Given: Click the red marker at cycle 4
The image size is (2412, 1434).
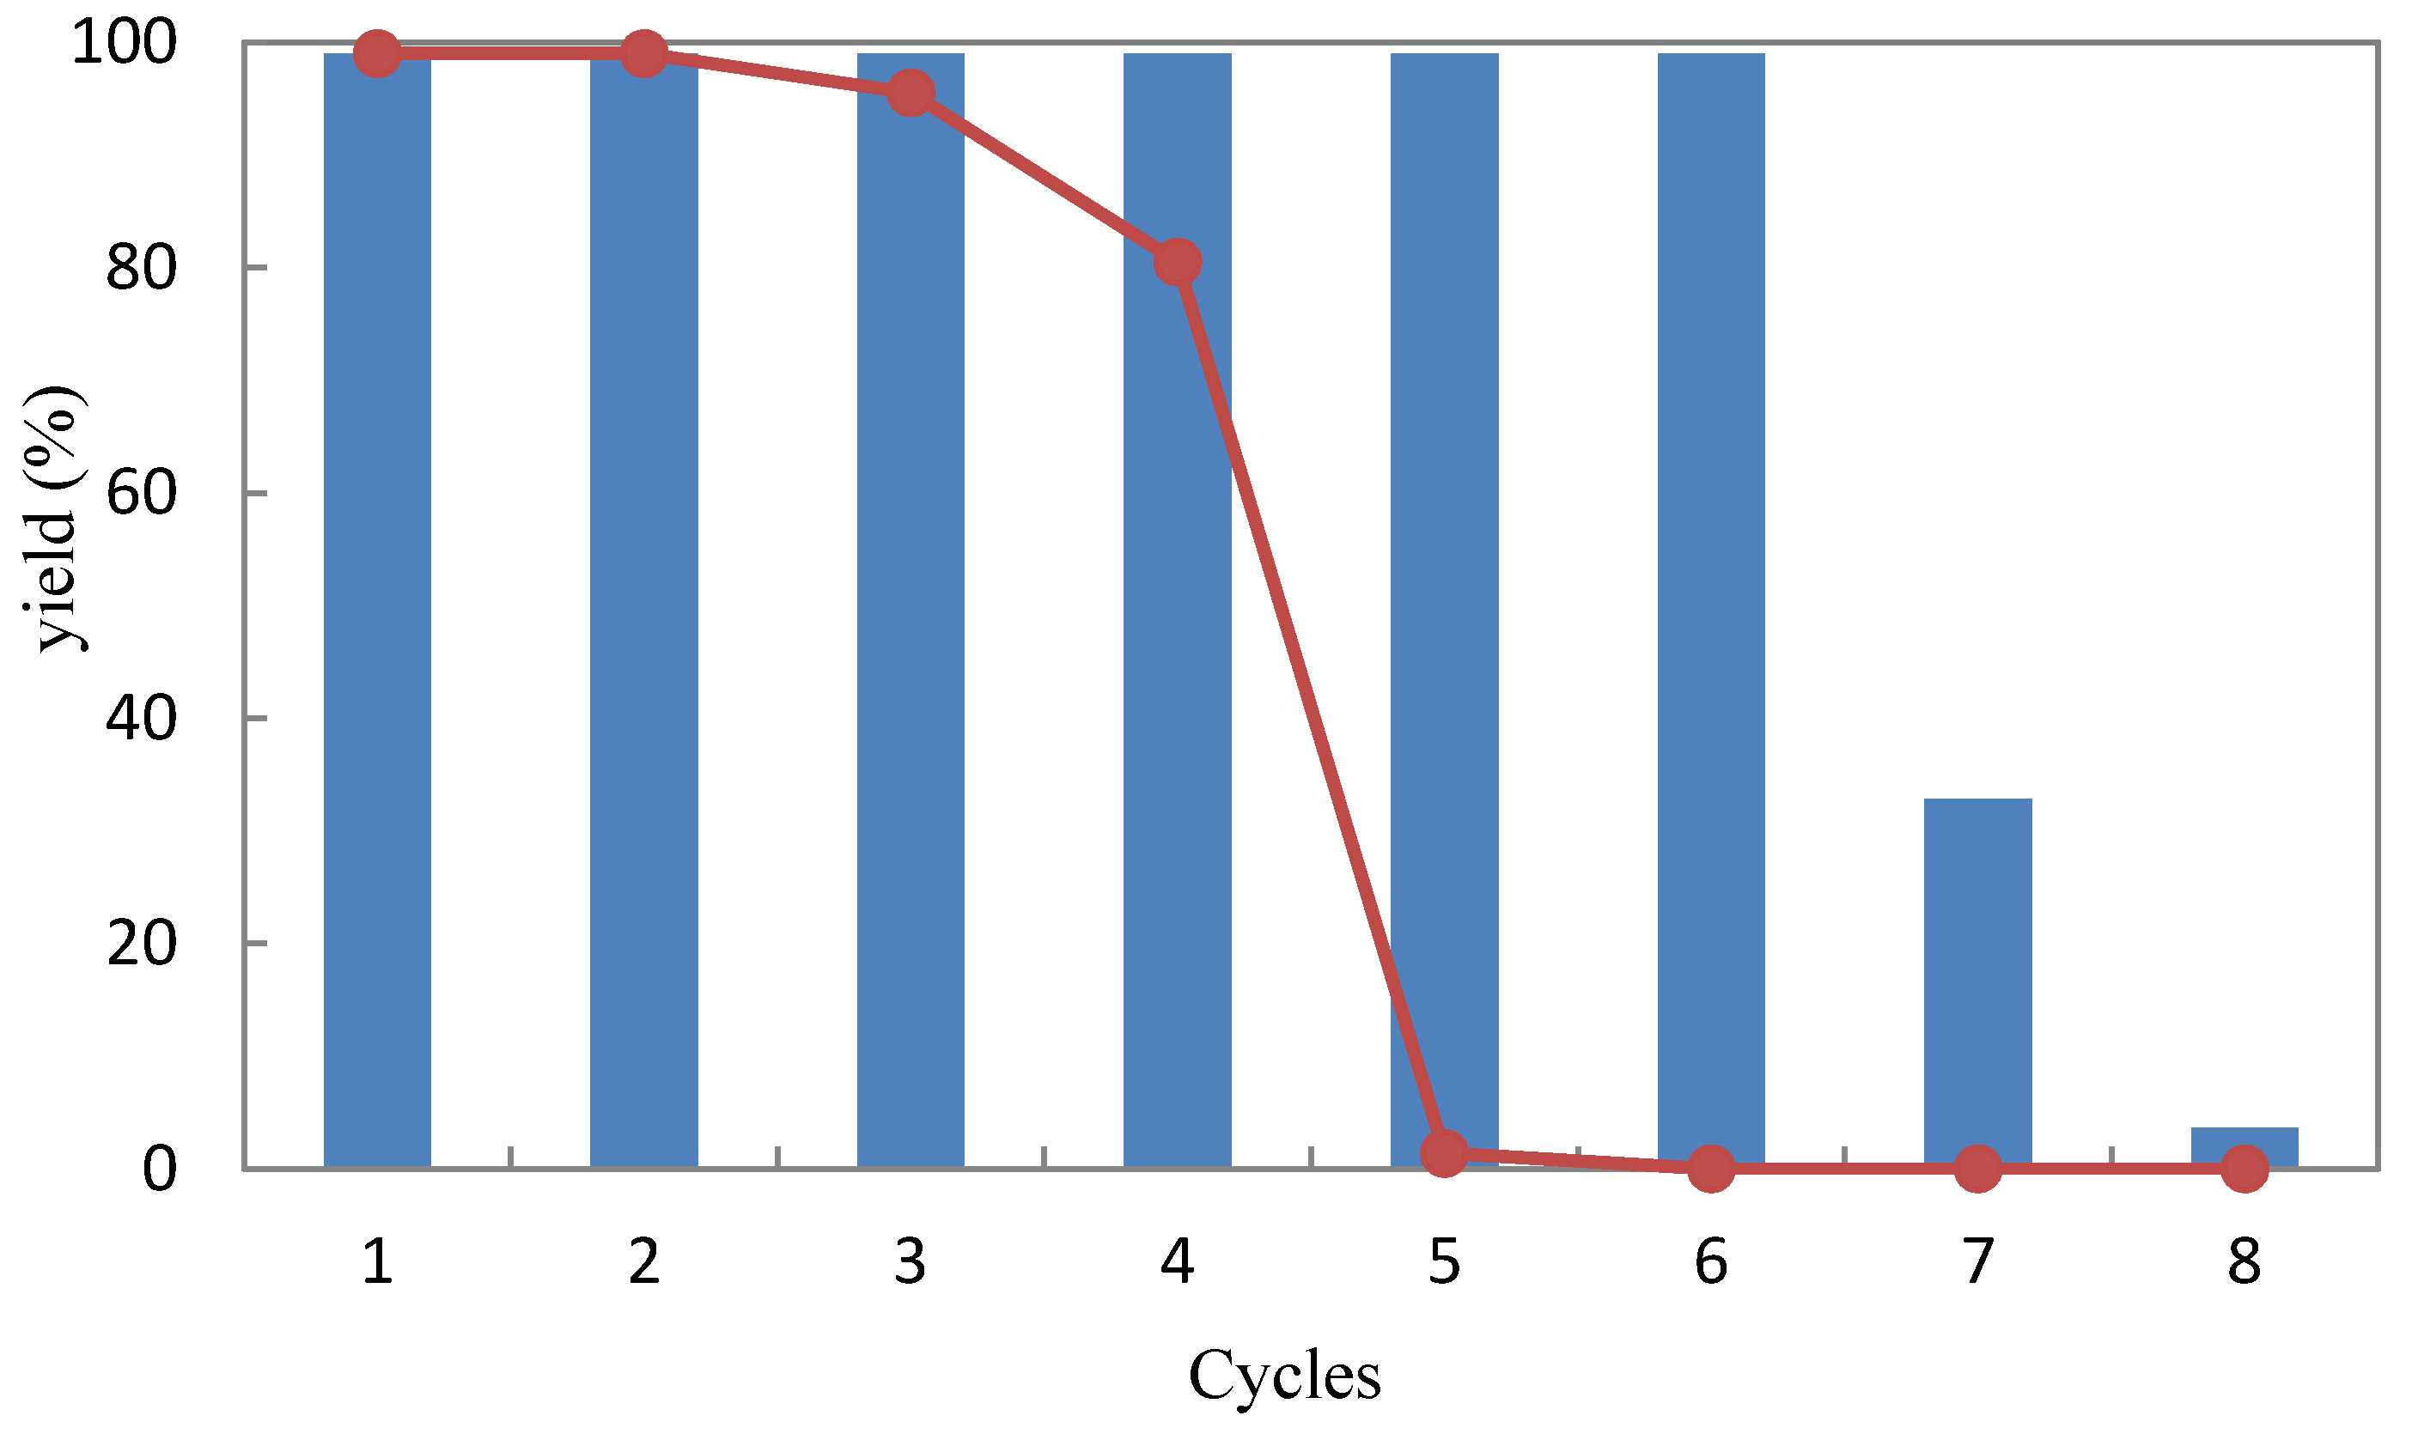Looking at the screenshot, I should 1177,262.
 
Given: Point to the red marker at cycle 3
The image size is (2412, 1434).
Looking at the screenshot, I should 911,94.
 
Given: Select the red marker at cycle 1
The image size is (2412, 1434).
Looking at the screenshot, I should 377,53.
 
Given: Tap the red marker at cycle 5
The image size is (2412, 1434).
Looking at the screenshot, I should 1444,1153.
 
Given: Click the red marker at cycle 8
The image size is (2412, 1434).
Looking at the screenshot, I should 2244,1170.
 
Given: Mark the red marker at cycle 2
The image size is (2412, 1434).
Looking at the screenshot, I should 643,53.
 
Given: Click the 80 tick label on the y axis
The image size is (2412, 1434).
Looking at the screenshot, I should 141,268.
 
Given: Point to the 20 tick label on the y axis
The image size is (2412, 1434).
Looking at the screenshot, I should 141,944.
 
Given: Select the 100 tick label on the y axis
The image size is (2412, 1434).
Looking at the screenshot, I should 125,44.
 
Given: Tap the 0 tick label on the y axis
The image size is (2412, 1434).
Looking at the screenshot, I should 160,1170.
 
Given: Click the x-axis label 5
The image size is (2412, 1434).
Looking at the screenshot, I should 1444,1263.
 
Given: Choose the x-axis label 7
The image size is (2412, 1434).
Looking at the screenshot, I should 1977,1263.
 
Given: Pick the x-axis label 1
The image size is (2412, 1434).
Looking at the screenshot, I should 377,1263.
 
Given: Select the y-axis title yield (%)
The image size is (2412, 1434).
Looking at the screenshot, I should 53,519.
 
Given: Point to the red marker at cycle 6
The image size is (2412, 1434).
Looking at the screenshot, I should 1710,1170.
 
